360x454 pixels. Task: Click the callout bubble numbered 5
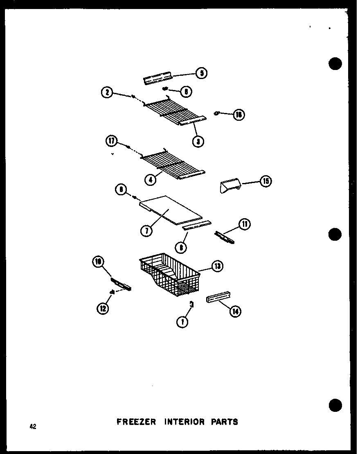coord(201,73)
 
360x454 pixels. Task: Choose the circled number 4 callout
coord(151,178)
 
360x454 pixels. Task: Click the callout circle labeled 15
coord(266,181)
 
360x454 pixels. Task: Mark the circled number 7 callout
coord(146,231)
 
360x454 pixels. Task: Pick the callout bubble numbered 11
coord(245,224)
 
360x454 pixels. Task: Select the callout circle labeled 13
coord(217,267)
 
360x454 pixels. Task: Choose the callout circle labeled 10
coord(99,262)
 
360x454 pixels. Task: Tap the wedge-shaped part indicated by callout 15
coord(229,187)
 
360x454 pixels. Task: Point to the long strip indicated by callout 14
coord(218,299)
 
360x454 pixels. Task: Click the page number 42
coord(33,427)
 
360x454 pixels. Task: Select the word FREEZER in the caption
coord(136,422)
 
